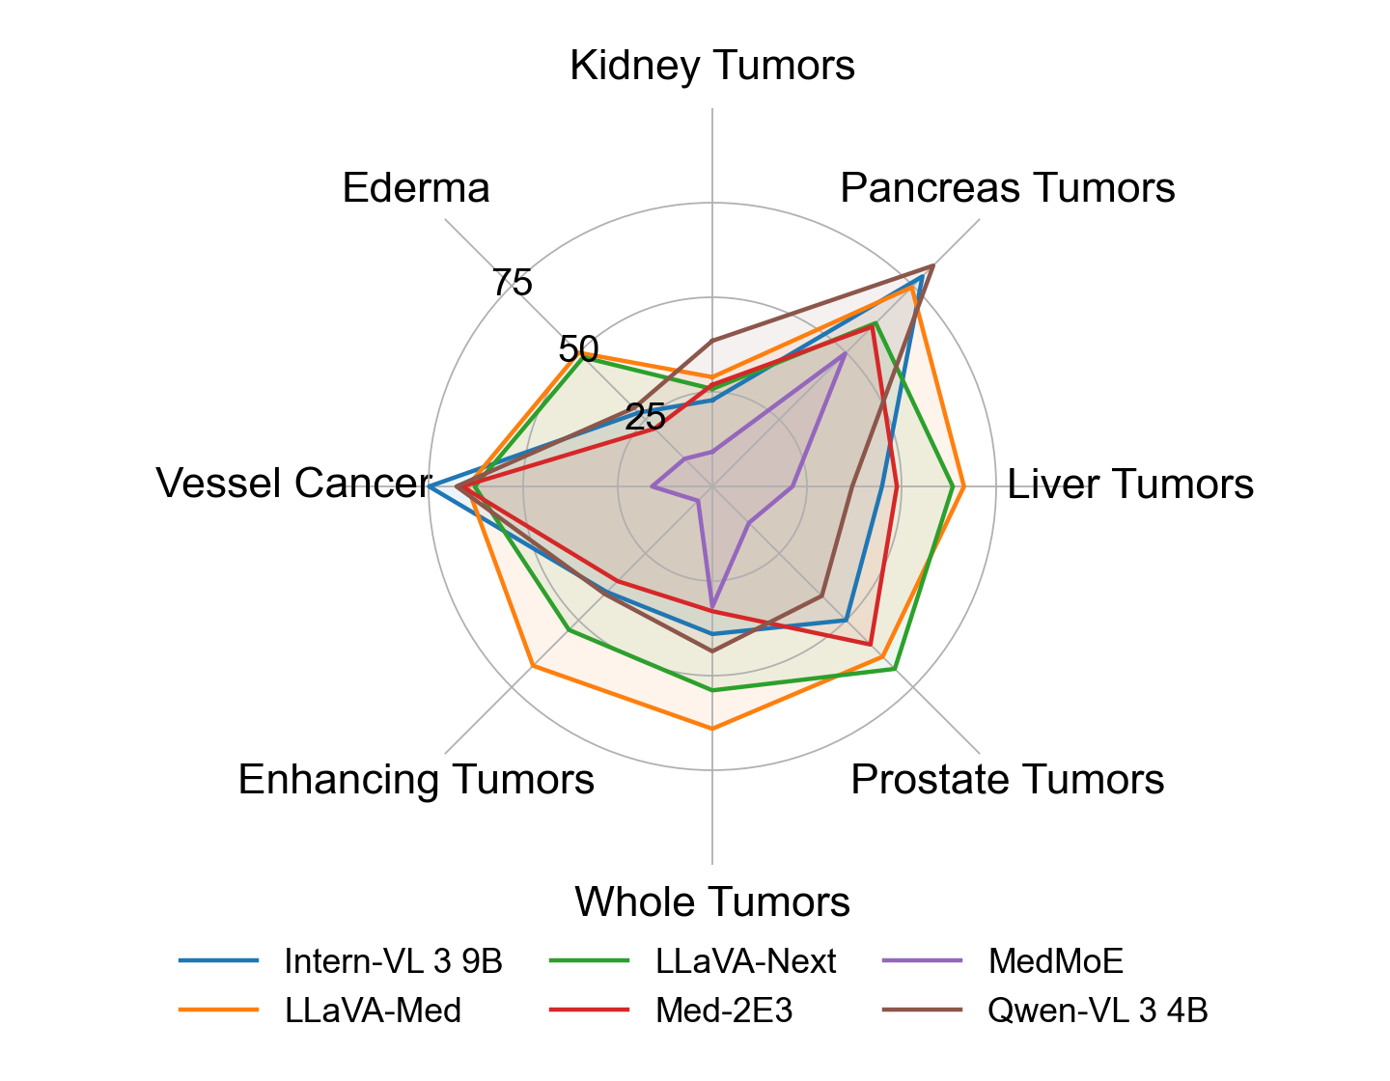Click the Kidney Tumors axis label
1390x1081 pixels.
pos(712,66)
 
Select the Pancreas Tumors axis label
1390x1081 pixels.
pos(1008,187)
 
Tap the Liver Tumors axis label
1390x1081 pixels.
pos(1130,484)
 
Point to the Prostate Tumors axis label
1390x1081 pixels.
pos(1007,779)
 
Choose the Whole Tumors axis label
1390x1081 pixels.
pos(712,901)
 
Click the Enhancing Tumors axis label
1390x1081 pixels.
pos(416,779)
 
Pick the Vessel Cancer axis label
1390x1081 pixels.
pos(292,484)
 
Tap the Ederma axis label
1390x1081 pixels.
pos(416,187)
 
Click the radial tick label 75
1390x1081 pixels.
pos(512,284)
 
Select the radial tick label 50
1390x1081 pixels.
pos(578,349)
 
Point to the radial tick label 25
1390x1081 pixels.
pos(645,417)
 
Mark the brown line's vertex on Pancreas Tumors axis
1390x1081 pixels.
pos(932,264)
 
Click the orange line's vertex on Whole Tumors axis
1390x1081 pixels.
pos(712,729)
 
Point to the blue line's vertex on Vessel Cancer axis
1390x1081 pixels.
pos(431,485)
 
